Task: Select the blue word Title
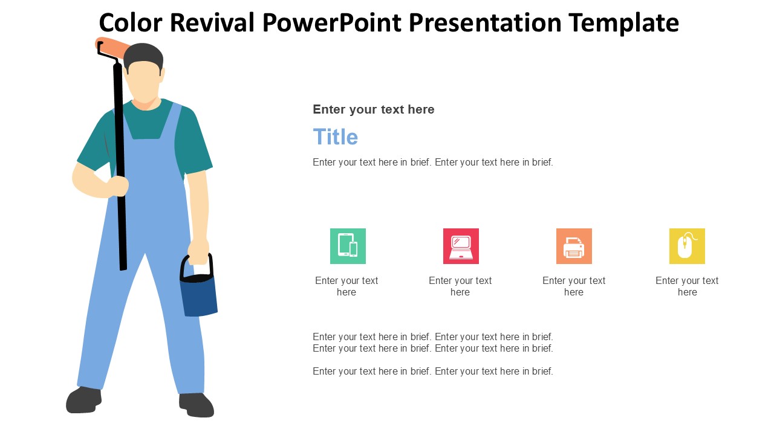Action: point(335,137)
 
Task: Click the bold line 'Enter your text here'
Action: point(373,109)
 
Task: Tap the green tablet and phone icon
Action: point(348,246)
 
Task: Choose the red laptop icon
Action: point(461,246)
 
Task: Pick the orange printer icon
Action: point(574,246)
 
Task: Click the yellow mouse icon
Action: point(687,246)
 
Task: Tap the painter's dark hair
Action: point(143,55)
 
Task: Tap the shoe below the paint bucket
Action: point(197,405)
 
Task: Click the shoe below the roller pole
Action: point(83,400)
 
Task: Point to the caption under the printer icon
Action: point(574,286)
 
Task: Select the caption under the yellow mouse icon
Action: point(687,286)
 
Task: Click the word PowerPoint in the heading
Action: point(332,23)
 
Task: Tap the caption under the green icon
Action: point(346,286)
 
